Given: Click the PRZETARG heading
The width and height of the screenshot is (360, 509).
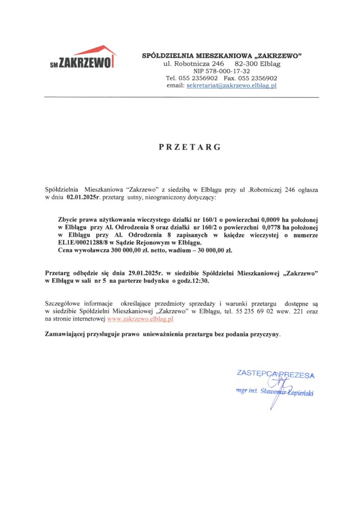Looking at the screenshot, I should [x=189, y=147].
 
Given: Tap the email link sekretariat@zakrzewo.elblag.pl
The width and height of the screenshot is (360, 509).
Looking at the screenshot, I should [x=231, y=85].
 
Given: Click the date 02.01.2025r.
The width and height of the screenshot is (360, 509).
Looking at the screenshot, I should [x=83, y=198].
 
